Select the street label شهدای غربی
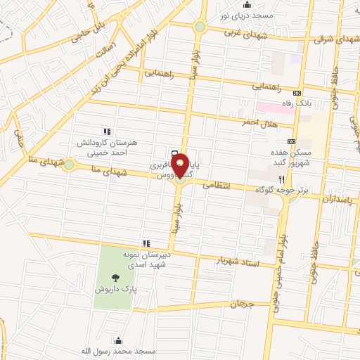[243, 32]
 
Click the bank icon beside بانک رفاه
[297, 92]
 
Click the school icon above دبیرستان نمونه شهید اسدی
[146, 243]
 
